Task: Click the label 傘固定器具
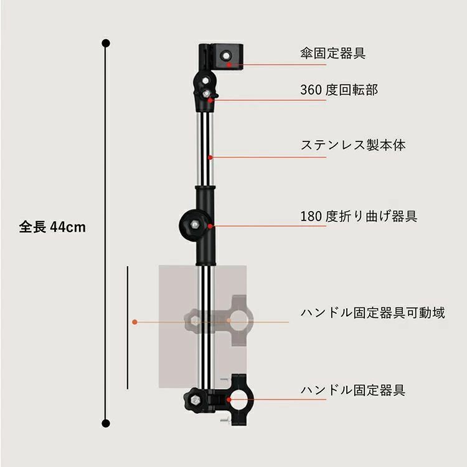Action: (x=333, y=54)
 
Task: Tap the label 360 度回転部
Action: (x=339, y=90)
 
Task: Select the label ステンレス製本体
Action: (x=353, y=145)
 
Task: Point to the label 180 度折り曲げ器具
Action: (x=359, y=216)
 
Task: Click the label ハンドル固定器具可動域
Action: (x=372, y=313)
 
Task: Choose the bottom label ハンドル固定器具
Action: (x=353, y=390)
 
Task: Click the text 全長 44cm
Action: (x=52, y=227)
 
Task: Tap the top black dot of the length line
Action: (x=106, y=43)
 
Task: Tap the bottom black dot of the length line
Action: (x=106, y=423)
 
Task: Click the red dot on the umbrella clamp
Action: (x=229, y=65)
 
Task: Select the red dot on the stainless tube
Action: (x=210, y=158)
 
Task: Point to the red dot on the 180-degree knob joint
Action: (x=210, y=227)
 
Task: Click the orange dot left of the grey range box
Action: (x=134, y=322)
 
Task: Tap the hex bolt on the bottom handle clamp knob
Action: (x=196, y=399)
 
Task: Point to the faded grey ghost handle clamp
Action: (x=219, y=321)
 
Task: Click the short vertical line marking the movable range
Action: (x=128, y=328)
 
